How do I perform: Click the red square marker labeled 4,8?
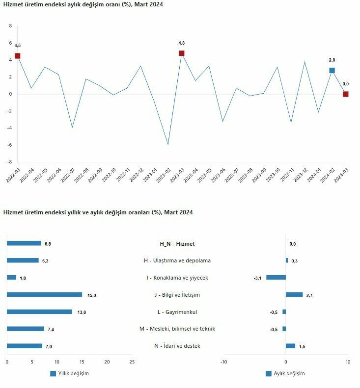[x=182, y=53]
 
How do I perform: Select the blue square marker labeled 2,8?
[x=332, y=71]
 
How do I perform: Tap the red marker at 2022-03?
[x=18, y=56]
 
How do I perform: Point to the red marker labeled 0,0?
[x=346, y=94]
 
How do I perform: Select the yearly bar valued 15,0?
[x=44, y=295]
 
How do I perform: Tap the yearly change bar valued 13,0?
[x=39, y=312]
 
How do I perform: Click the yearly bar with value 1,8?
[x=11, y=278]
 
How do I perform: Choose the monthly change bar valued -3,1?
[x=276, y=278]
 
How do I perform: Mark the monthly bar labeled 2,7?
[x=294, y=295]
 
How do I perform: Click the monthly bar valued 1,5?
[x=290, y=346]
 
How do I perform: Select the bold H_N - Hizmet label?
[x=177, y=244]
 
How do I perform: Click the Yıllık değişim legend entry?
[x=69, y=373]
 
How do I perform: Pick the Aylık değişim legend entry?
[x=285, y=373]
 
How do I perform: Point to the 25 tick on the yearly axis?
[x=132, y=362]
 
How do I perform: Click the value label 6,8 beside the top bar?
[x=48, y=244]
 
